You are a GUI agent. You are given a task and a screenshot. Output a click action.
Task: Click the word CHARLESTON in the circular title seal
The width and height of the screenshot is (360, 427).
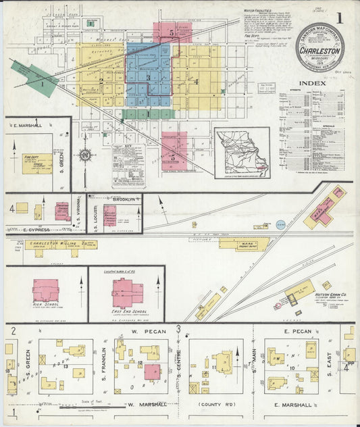pyautogui.click(x=319, y=49)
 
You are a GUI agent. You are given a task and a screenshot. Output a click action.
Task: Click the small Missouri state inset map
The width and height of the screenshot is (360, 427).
pyautogui.click(x=242, y=153)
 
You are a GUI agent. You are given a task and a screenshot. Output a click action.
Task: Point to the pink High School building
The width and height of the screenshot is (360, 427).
pyautogui.click(x=45, y=291)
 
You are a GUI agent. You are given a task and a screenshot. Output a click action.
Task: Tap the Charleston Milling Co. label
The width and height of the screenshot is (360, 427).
pyautogui.click(x=55, y=243)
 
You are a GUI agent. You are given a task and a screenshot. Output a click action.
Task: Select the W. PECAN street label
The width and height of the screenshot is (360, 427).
pyautogui.click(x=144, y=332)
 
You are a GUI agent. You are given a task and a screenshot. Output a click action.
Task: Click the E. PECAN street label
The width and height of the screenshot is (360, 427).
pyautogui.click(x=297, y=332)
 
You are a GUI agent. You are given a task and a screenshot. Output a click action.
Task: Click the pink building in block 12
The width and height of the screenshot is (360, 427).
pyautogui.click(x=152, y=372)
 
